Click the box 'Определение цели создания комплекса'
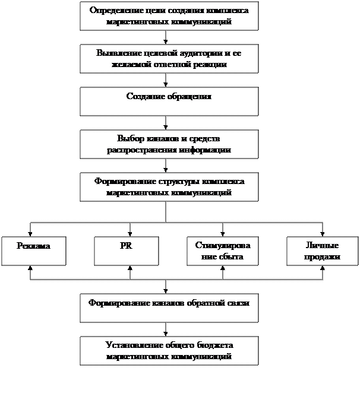click(x=169, y=16)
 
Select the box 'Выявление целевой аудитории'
click(x=169, y=59)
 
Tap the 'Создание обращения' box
click(x=169, y=102)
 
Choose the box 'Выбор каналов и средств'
click(x=169, y=144)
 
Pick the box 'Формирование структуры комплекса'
click(x=169, y=187)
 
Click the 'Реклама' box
click(x=33, y=251)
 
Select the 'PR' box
click(x=126, y=251)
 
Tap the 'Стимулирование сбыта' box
click(x=219, y=251)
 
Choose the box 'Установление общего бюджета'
click(x=169, y=351)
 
